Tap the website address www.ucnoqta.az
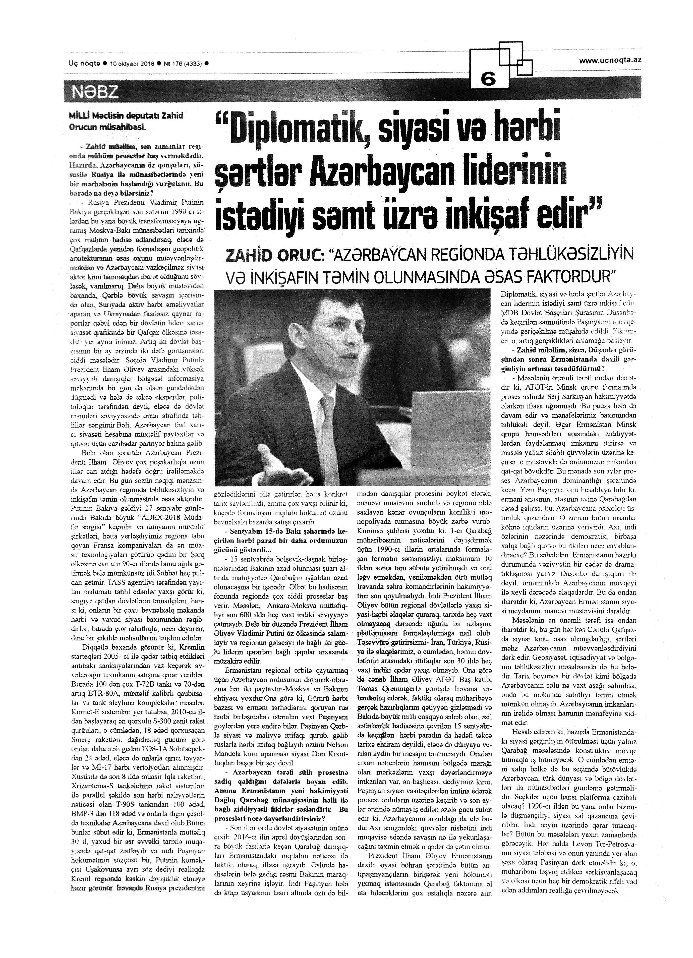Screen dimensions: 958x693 (x=609, y=61)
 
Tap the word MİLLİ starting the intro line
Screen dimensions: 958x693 (x=79, y=115)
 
